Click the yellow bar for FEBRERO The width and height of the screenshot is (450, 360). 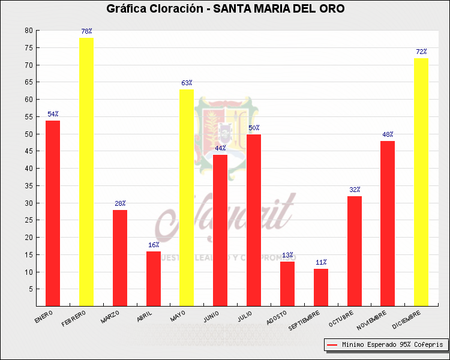86,172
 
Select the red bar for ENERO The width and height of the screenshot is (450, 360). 53,213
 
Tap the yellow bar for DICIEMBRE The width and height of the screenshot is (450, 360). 421,182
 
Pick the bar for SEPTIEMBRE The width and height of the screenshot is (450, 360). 321,287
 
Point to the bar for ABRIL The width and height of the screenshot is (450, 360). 154,278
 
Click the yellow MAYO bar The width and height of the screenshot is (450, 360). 187,197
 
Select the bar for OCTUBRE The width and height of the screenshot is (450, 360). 355,251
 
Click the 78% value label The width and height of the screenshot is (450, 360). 86,31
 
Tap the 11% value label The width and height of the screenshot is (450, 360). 321,262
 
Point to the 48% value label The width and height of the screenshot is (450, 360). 388,134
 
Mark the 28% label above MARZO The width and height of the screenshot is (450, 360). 120,203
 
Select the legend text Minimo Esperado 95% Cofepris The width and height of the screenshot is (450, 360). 392,345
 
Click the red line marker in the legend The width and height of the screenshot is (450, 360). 332,345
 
